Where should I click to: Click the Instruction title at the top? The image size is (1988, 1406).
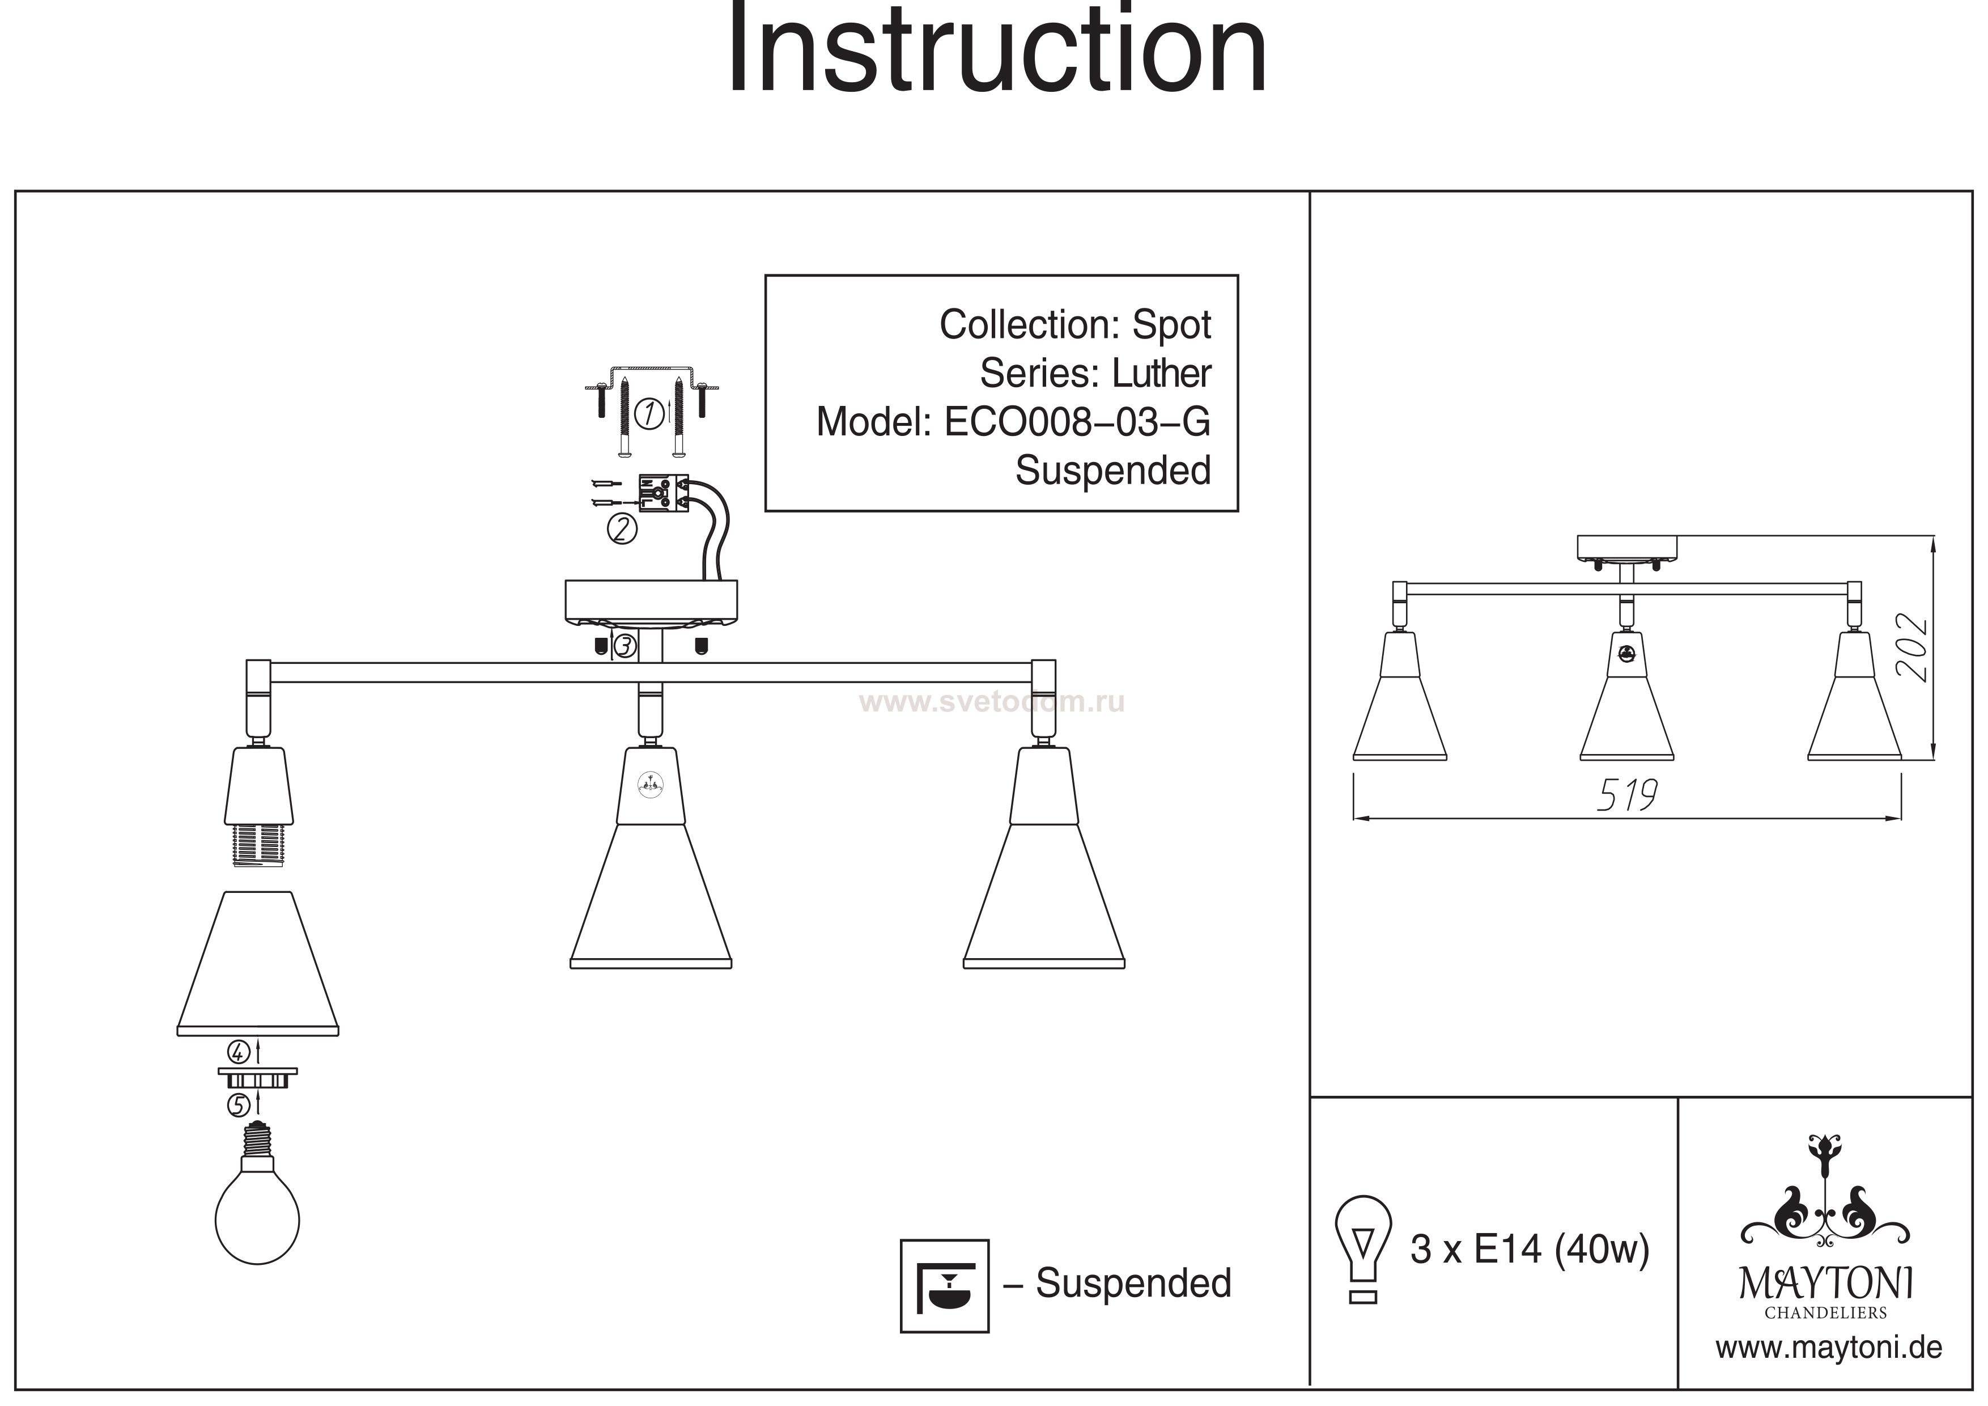point(996,52)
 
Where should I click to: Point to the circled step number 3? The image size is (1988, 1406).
point(625,646)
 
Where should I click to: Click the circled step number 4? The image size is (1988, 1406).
point(239,1053)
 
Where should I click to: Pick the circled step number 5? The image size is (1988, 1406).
point(239,1106)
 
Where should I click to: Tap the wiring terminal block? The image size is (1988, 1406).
point(662,492)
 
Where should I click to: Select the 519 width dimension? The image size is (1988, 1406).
point(1626,796)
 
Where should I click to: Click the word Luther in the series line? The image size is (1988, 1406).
point(1161,374)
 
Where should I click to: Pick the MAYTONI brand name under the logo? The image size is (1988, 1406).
point(1826,1284)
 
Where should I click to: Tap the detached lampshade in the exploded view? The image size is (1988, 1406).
point(258,963)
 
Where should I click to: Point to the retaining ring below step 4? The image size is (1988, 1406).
point(257,1078)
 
